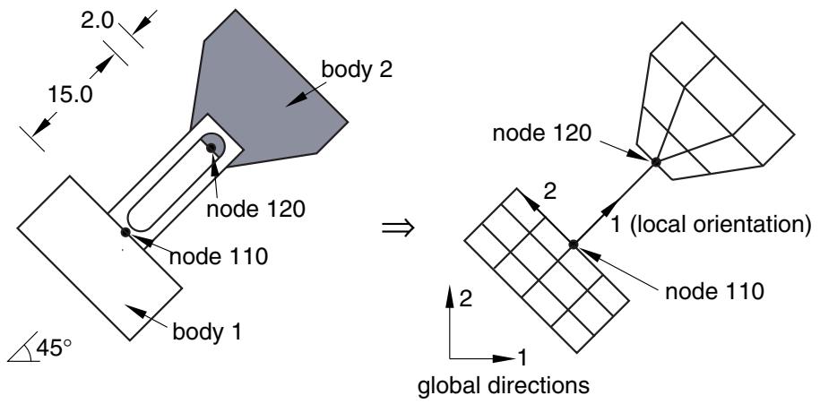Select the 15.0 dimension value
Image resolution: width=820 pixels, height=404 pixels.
pyautogui.click(x=70, y=96)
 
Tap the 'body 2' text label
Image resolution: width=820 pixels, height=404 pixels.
pyautogui.click(x=357, y=70)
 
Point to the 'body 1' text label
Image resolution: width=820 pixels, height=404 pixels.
pyautogui.click(x=207, y=331)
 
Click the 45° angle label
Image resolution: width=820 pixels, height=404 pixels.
pyautogui.click(x=55, y=348)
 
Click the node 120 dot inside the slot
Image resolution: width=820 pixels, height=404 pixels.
pyautogui.click(x=211, y=148)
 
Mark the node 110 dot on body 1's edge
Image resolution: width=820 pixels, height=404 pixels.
pyautogui.click(x=125, y=232)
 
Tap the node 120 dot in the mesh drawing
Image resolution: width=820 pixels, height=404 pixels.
pyautogui.click(x=655, y=162)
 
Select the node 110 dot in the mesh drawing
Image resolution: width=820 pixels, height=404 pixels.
pyautogui.click(x=574, y=244)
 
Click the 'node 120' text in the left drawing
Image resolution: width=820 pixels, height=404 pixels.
pyautogui.click(x=255, y=210)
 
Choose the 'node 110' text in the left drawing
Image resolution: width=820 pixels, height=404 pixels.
pyautogui.click(x=220, y=256)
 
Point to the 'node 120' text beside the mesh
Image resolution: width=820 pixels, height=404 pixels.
pyautogui.click(x=542, y=133)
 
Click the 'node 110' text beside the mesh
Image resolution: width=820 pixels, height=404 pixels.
pyautogui.click(x=714, y=292)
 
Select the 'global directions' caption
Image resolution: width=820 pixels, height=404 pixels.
pyautogui.click(x=503, y=386)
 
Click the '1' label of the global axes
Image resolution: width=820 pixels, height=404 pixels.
pyautogui.click(x=522, y=358)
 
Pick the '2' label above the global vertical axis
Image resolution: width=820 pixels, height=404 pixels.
pyautogui.click(x=466, y=299)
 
